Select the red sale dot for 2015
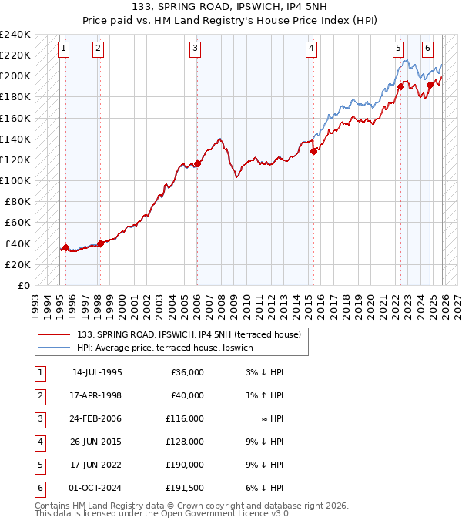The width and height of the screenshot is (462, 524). click(313, 151)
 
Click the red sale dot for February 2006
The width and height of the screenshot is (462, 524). click(197, 163)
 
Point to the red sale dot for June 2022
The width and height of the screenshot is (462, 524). click(401, 86)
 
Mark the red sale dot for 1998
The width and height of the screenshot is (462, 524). click(100, 244)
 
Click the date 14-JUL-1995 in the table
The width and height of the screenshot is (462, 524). click(97, 372)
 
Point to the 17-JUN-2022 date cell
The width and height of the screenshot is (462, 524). click(97, 465)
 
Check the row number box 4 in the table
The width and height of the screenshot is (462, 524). click(38, 442)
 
